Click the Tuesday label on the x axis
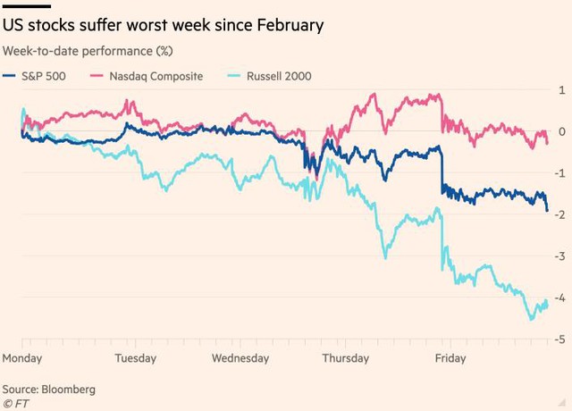pyautogui.click(x=137, y=358)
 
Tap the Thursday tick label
pyautogui.click(x=344, y=358)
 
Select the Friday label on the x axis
pyautogui.click(x=450, y=358)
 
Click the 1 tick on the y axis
pyautogui.click(x=560, y=90)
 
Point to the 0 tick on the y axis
pyautogui.click(x=560, y=132)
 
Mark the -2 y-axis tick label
pyautogui.click(x=558, y=215)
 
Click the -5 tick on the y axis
pyautogui.click(x=558, y=340)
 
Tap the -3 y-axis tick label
pyautogui.click(x=558, y=256)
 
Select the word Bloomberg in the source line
pyautogui.click(x=71, y=390)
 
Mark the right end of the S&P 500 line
pyautogui.click(x=547, y=211)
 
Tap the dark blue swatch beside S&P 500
pyautogui.click(x=11, y=76)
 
